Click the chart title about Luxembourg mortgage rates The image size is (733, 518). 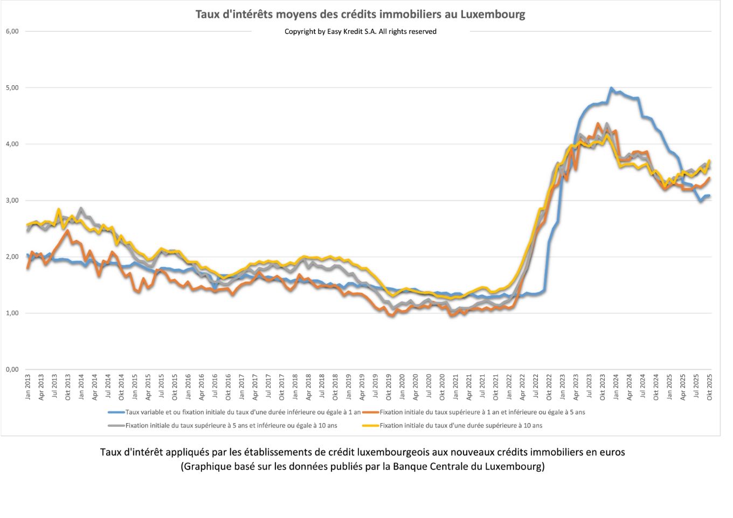(360, 14)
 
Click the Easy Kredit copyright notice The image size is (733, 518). (360, 31)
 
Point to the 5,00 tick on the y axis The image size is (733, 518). (12, 87)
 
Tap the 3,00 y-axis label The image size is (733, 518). (12, 201)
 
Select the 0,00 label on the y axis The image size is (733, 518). (12, 370)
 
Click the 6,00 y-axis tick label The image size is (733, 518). (12, 31)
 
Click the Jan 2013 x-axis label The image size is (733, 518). (27, 387)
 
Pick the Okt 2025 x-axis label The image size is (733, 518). (709, 387)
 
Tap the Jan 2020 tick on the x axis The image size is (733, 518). (402, 387)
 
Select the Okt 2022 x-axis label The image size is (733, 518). (549, 387)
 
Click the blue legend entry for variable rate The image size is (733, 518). (243, 412)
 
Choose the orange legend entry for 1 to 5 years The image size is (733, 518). (482, 412)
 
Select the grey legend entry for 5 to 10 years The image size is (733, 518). (231, 426)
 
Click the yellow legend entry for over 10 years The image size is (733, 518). (460, 426)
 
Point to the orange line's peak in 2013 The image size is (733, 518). (67, 231)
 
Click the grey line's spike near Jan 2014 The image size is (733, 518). (81, 208)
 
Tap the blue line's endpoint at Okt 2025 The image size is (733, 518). (709, 196)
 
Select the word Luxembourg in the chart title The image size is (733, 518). (493, 14)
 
